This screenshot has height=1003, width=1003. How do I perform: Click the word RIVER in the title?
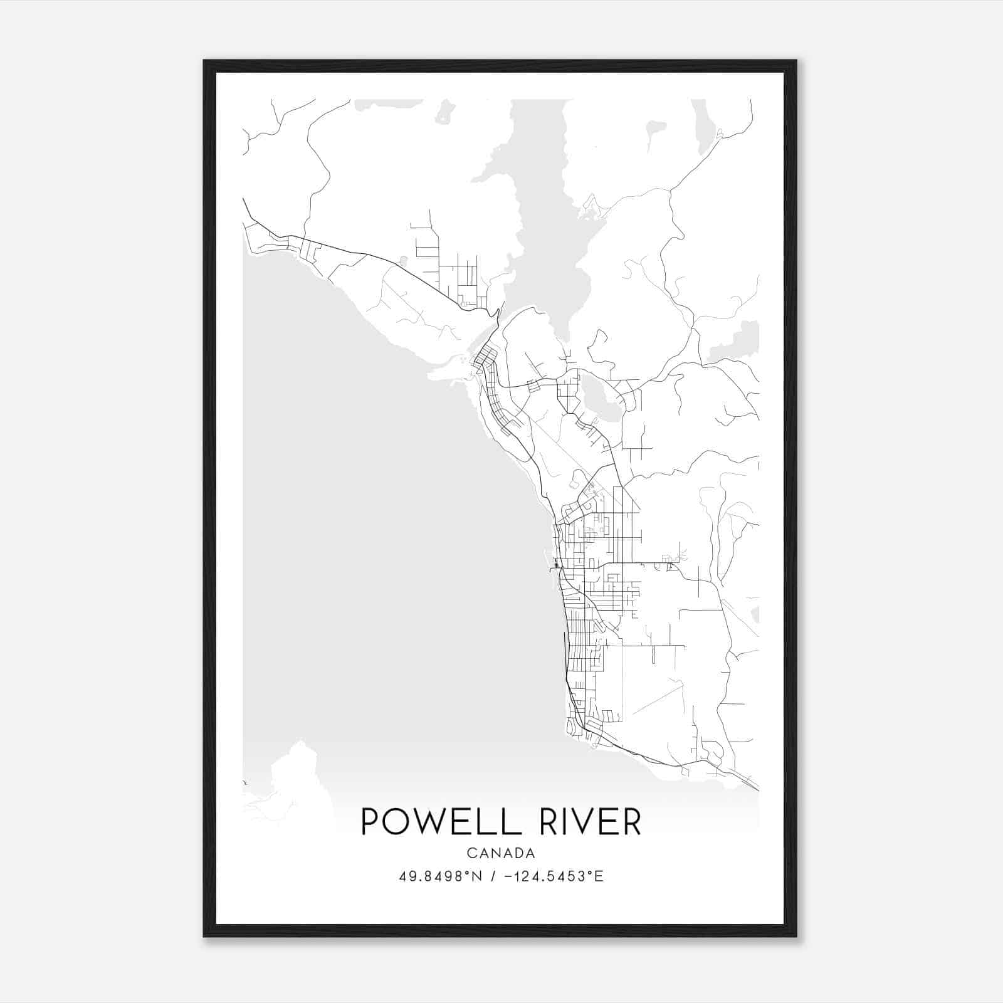(590, 822)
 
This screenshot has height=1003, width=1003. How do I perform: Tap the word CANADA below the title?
(501, 853)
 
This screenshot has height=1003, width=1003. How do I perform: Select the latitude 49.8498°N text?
(441, 876)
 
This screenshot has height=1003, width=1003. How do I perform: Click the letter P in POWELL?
(370, 822)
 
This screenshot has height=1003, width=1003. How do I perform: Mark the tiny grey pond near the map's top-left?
(446, 112)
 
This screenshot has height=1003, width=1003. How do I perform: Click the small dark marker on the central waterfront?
(556, 566)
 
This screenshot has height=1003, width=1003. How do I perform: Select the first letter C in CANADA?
(470, 853)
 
